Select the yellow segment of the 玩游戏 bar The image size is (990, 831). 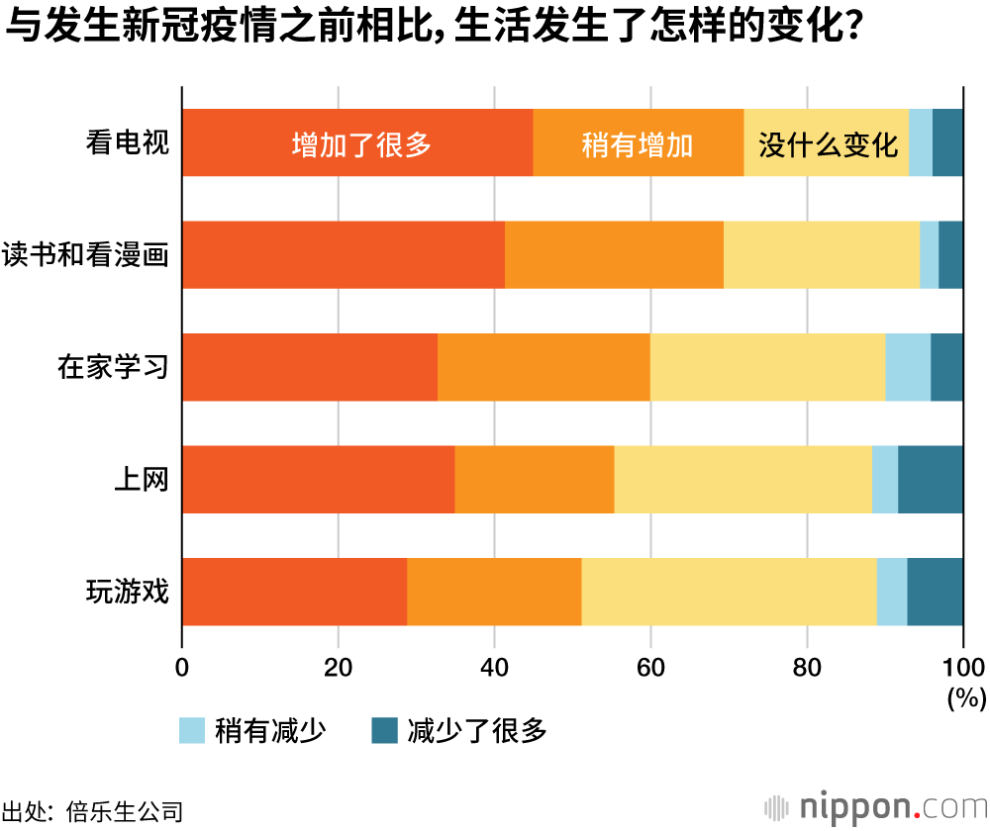(730, 592)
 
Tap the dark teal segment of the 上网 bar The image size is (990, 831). (930, 479)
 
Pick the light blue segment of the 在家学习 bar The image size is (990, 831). (907, 367)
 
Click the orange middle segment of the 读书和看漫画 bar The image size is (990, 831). (614, 255)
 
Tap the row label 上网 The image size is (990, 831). (143, 479)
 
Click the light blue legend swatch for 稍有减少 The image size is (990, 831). (192, 731)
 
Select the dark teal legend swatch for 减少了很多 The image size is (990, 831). (383, 731)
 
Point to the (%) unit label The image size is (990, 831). (966, 697)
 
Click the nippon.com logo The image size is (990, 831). (876, 806)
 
